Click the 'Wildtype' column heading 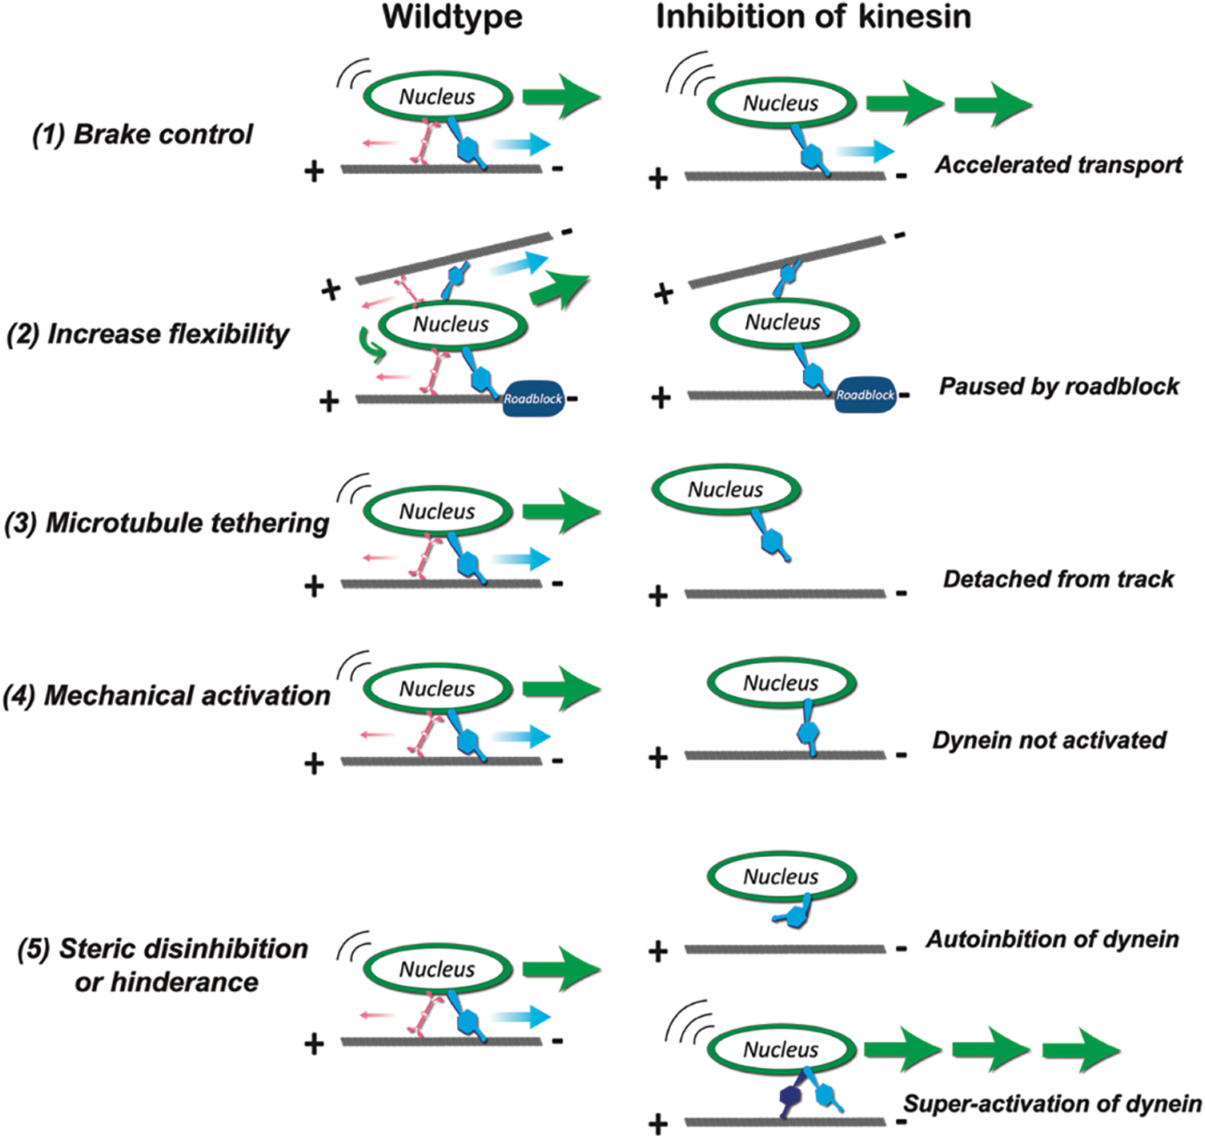pos(452,18)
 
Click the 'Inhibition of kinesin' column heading pos(813,18)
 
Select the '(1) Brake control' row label pos(143,135)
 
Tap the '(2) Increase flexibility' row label pos(148,334)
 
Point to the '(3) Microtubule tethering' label pos(167,523)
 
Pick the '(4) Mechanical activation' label pos(167,695)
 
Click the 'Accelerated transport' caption pos(1058,165)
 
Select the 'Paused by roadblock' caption pos(1058,387)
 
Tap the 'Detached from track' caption pos(1058,579)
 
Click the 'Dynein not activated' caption pos(1049,740)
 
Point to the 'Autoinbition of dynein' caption pos(1052,939)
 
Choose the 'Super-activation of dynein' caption pos(1052,1104)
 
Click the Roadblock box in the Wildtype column pos(533,398)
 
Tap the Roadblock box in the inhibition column pos(865,395)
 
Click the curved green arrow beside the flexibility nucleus pos(370,345)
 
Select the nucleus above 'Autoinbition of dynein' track pos(781,877)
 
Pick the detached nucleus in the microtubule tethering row pos(726,489)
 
